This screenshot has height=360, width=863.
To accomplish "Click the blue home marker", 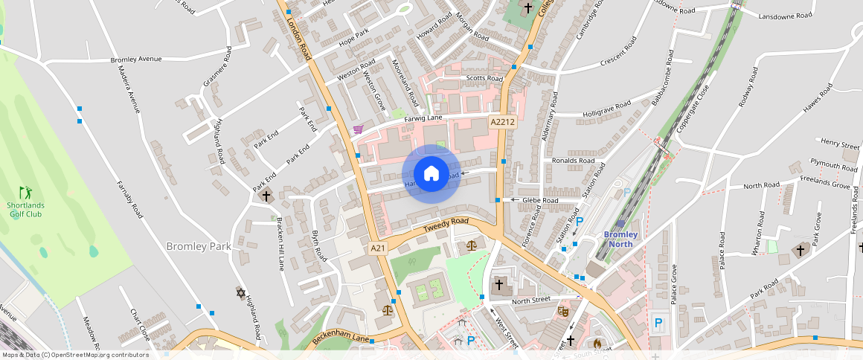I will [431, 174].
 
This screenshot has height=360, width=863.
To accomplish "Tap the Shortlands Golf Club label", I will [25, 210].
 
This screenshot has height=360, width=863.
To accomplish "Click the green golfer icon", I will [25, 192].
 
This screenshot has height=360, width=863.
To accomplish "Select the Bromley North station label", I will [620, 239].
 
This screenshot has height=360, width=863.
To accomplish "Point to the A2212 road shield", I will [502, 120].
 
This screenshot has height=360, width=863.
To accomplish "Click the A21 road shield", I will [378, 247].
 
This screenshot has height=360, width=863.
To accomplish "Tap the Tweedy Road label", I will [446, 225].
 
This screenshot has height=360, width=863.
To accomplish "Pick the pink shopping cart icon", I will [358, 129].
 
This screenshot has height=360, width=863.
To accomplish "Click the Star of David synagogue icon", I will [240, 293].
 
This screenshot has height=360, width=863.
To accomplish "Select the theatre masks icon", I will [562, 310].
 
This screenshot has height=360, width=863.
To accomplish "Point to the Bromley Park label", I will [199, 246].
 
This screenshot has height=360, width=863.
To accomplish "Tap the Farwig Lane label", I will [423, 118].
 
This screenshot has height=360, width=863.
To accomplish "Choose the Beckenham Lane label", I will [341, 338].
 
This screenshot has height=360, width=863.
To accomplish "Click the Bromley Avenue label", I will [135, 59].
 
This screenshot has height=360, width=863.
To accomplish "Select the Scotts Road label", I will [484, 77].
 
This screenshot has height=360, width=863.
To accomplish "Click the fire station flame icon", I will [597, 344].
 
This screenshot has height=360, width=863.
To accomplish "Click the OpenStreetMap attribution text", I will [74, 355].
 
